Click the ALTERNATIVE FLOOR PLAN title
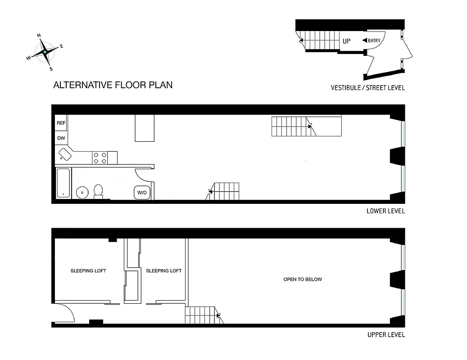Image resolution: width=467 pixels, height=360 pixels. [113, 85]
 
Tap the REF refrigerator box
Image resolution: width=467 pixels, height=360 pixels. [61, 123]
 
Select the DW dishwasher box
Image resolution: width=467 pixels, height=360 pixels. [61, 138]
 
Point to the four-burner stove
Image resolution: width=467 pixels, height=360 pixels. [100, 157]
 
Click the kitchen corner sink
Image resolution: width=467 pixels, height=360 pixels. [65, 154]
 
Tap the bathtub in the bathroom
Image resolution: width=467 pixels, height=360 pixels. [63, 183]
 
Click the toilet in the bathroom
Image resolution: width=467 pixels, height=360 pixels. [99, 192]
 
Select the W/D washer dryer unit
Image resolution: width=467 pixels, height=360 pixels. [142, 193]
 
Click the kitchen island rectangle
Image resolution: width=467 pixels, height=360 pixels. [145, 128]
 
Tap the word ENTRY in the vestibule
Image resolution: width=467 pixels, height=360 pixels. [374, 40]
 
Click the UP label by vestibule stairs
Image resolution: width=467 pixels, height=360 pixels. [346, 41]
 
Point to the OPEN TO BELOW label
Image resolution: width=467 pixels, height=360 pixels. [303, 279]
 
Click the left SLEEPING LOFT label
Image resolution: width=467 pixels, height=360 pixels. [88, 270]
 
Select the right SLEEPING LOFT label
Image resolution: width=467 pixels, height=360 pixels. [163, 270]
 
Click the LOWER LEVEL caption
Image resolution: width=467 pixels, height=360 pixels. [385, 211]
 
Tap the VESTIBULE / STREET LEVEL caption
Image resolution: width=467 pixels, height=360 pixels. [367, 88]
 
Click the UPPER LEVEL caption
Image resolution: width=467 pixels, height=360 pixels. [386, 335]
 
